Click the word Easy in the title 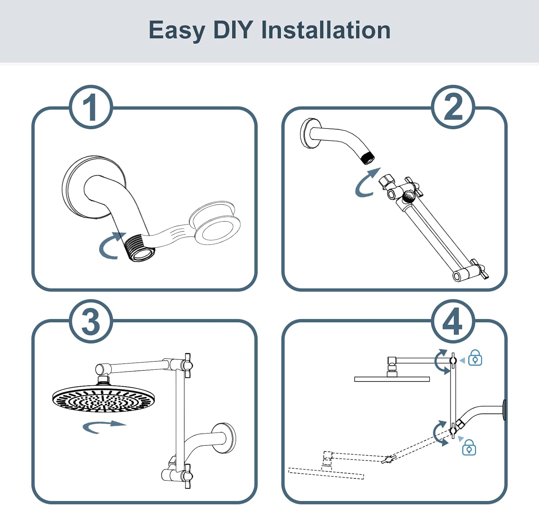176,31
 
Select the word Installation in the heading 326,30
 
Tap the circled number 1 91,107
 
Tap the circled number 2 453,107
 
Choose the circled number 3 91,321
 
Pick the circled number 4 453,321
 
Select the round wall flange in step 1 94,187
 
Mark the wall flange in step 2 309,133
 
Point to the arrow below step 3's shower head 105,425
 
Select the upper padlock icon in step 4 475,357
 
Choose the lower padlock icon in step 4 469,447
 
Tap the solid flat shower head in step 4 392,379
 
